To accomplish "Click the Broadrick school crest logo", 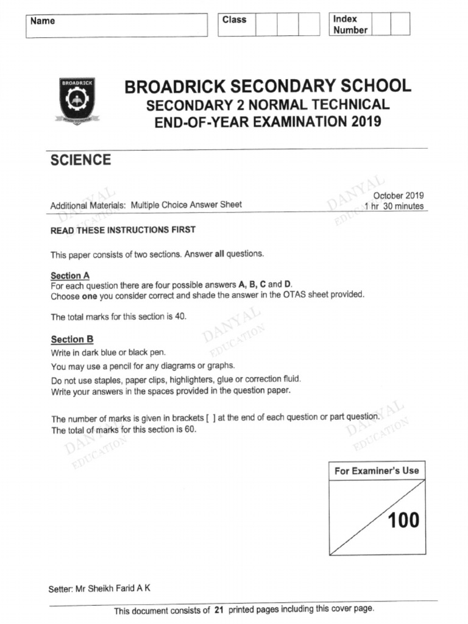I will (77, 101).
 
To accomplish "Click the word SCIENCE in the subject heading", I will (80, 160).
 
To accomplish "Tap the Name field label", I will (43, 21).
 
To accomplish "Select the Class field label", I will (234, 20).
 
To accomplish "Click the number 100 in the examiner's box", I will (403, 520).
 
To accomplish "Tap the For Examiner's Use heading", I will (377, 470).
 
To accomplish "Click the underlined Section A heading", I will (70, 275).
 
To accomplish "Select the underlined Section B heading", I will (72, 339).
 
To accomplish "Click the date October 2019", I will (398, 196).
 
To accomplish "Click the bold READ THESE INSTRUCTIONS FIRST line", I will (122, 230).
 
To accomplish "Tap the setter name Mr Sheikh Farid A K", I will (113, 589).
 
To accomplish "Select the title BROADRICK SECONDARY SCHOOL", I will (268, 87).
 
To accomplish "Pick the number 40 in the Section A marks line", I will (179, 317).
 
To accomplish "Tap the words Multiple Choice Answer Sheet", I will (186, 205).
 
